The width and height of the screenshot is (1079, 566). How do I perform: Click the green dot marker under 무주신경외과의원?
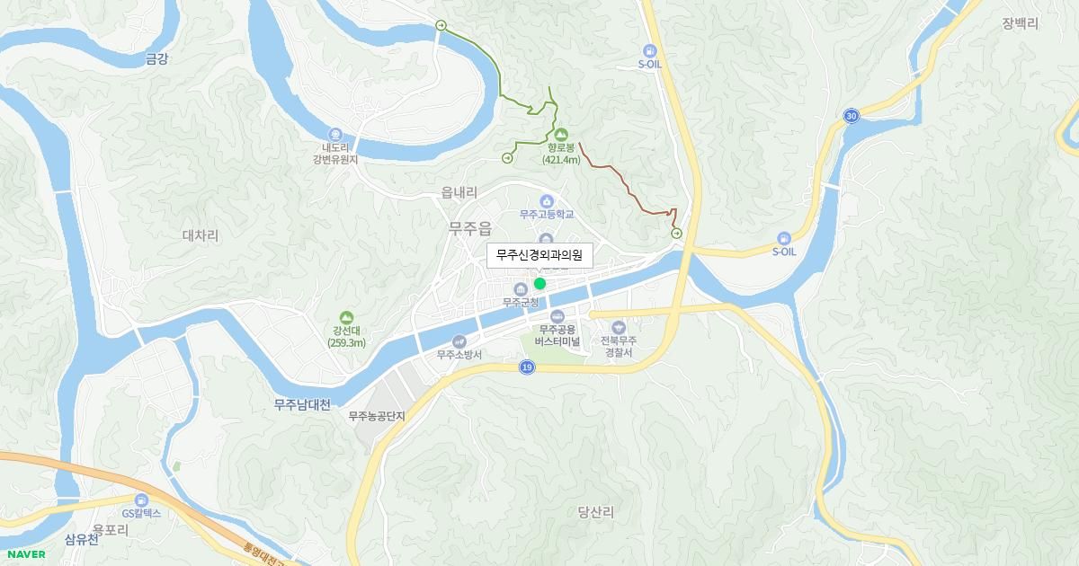(x=539, y=283)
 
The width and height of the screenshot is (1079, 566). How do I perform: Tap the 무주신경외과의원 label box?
(x=539, y=255)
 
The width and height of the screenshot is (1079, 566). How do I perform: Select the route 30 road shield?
(x=851, y=115)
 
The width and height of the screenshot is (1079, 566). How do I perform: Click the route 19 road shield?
(x=526, y=367)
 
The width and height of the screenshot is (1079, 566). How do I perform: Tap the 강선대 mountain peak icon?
(x=346, y=317)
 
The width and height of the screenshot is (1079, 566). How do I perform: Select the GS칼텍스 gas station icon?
(x=140, y=500)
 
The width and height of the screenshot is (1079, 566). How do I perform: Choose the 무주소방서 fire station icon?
(x=459, y=340)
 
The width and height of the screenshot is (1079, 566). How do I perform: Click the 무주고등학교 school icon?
(x=546, y=200)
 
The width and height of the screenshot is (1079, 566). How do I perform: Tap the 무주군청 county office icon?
(x=520, y=288)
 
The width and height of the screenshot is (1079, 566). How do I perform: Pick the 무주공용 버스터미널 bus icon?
(x=557, y=316)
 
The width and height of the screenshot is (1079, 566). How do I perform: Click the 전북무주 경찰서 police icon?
(x=618, y=328)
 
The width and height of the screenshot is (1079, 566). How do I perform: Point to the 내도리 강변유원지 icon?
(x=335, y=134)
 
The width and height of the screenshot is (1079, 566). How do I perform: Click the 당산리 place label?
(x=595, y=512)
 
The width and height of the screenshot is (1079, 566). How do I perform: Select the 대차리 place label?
(x=201, y=235)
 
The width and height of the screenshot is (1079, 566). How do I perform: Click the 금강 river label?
(x=156, y=58)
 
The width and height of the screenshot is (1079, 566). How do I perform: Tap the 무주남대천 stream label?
(x=303, y=405)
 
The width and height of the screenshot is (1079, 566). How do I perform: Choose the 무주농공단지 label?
(x=377, y=416)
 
